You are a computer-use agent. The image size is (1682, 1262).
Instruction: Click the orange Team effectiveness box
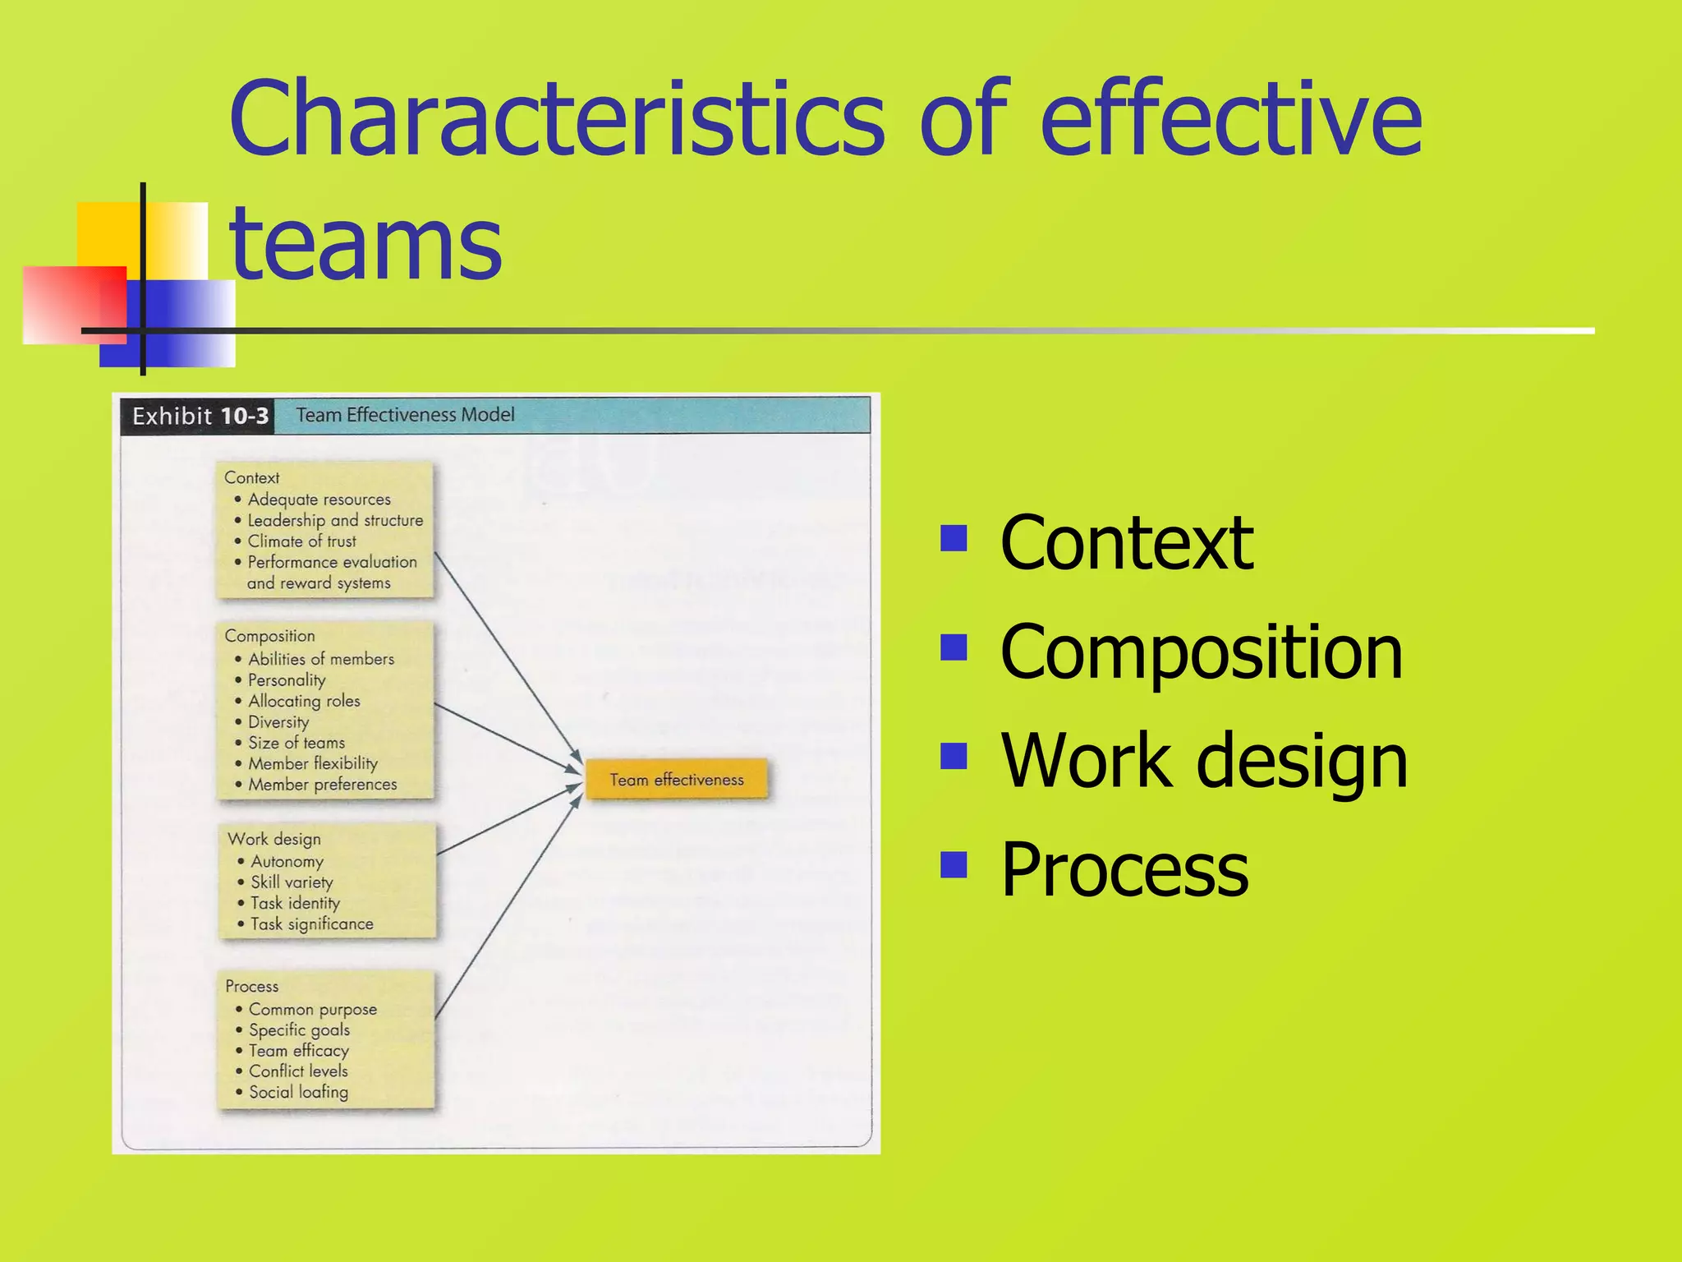[677, 779]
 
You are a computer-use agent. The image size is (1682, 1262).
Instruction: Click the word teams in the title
[365, 242]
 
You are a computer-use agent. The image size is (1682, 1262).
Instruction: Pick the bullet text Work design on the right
[1203, 760]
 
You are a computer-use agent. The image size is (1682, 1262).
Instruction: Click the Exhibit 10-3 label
[200, 416]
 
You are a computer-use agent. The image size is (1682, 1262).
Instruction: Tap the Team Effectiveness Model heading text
[405, 415]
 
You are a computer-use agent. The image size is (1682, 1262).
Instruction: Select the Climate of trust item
[301, 541]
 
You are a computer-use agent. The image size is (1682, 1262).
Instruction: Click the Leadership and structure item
[335, 520]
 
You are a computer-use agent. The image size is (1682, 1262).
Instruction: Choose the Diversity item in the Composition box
[278, 722]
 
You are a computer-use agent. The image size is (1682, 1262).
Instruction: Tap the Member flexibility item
[313, 763]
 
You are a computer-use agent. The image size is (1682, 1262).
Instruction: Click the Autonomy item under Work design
[287, 861]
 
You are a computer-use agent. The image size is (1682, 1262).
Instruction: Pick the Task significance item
[311, 923]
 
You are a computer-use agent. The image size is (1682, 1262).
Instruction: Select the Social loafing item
[298, 1092]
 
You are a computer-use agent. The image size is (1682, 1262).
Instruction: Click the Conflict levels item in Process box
[298, 1071]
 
